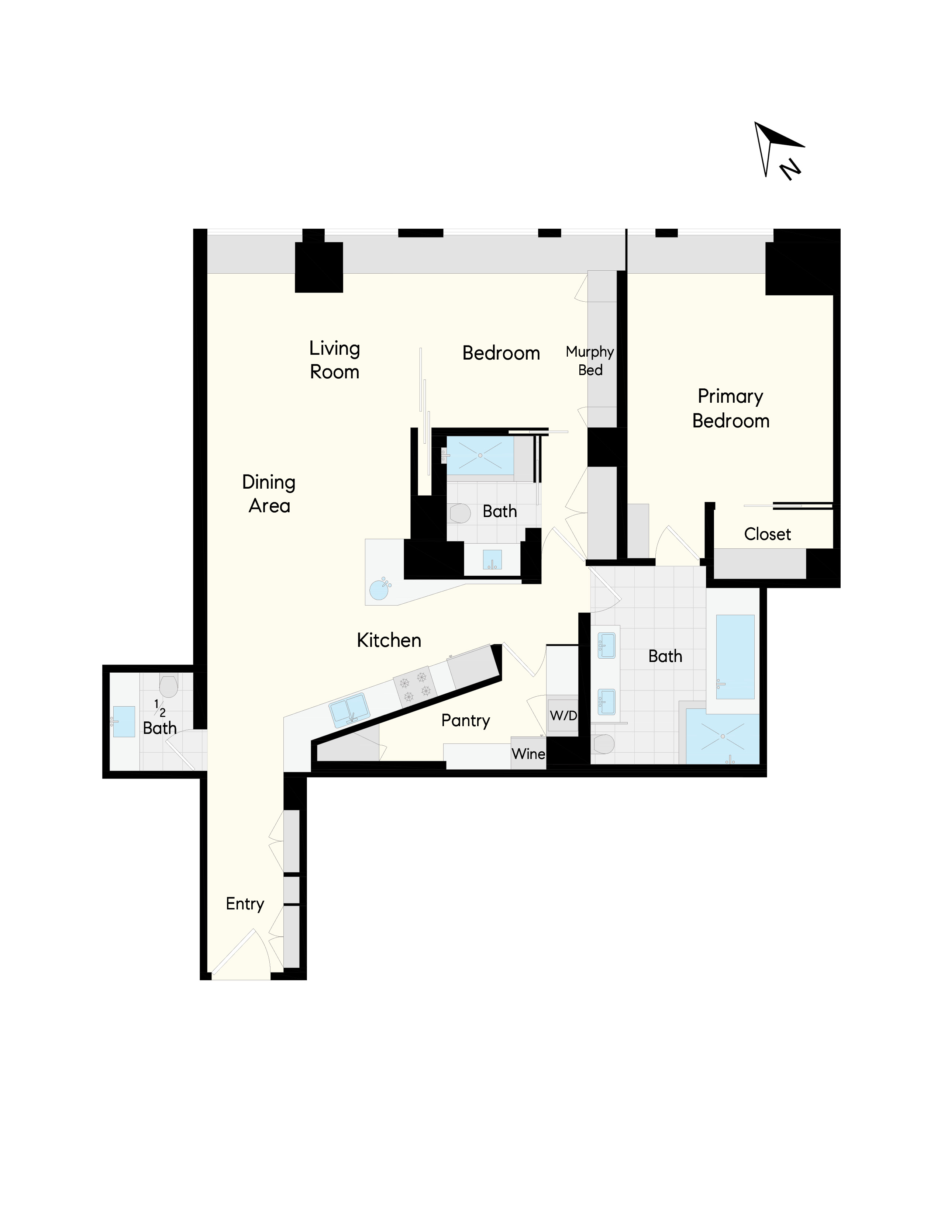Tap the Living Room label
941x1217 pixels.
coord(334,360)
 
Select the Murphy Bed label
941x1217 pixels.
coord(590,361)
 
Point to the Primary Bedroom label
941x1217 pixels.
coord(730,409)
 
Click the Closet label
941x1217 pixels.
coord(767,534)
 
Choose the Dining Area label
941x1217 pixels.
coord(269,494)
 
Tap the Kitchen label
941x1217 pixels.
coord(389,640)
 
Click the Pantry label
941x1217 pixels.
coord(465,721)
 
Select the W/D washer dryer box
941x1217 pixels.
coord(563,715)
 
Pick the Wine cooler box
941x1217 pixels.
coord(528,754)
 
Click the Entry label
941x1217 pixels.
coord(245,904)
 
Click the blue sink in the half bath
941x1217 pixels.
coord(124,722)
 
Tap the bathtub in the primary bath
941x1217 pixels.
coord(735,656)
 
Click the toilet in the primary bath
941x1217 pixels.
coord(604,743)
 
